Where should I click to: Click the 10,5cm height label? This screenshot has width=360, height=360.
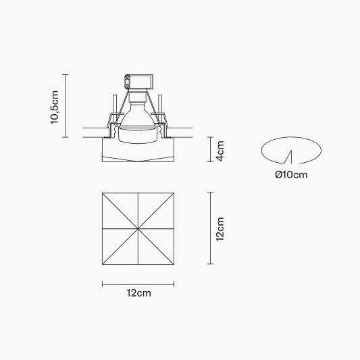pyautogui.click(x=55, y=107)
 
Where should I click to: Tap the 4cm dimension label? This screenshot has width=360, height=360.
pyautogui.click(x=220, y=151)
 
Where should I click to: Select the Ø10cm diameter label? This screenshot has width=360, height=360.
pyautogui.click(x=291, y=175)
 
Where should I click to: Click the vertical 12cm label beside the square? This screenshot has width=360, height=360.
pyautogui.click(x=220, y=229)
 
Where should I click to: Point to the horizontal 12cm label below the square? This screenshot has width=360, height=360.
pyautogui.click(x=139, y=293)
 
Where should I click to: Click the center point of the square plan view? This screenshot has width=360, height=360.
pyautogui.click(x=138, y=229)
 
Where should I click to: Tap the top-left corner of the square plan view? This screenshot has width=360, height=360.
pyautogui.click(x=103, y=193)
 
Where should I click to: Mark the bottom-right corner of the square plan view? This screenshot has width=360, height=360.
pyautogui.click(x=174, y=264)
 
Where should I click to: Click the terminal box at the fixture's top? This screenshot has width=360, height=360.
pyautogui.click(x=138, y=82)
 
